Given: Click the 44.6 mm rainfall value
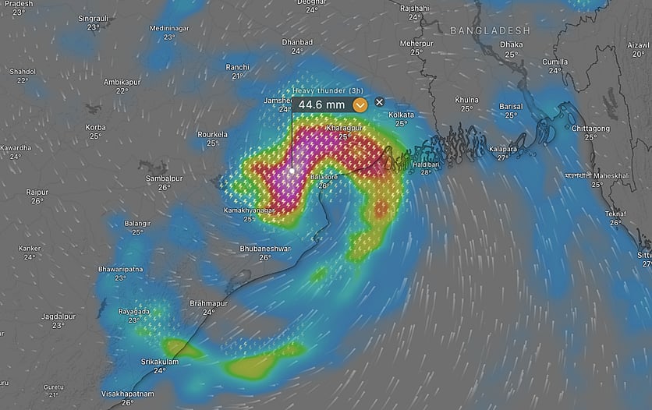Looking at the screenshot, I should (321, 104).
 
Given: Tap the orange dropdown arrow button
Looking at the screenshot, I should (360, 104).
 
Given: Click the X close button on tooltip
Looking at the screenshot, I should (379, 102).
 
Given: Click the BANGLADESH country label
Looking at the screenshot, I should (490, 30).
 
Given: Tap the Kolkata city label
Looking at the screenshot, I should (401, 115).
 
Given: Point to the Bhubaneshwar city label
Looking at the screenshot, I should (265, 249).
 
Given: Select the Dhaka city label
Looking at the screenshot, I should (511, 45).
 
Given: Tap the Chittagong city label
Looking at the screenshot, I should (590, 128).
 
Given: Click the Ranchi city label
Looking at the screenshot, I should (237, 67).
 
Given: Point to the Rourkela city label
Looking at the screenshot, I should (212, 134).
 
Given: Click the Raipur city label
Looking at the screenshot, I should (37, 192).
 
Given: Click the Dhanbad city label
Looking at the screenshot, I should (297, 42).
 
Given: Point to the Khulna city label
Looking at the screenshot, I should (466, 100).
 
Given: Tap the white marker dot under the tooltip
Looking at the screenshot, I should (292, 170).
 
